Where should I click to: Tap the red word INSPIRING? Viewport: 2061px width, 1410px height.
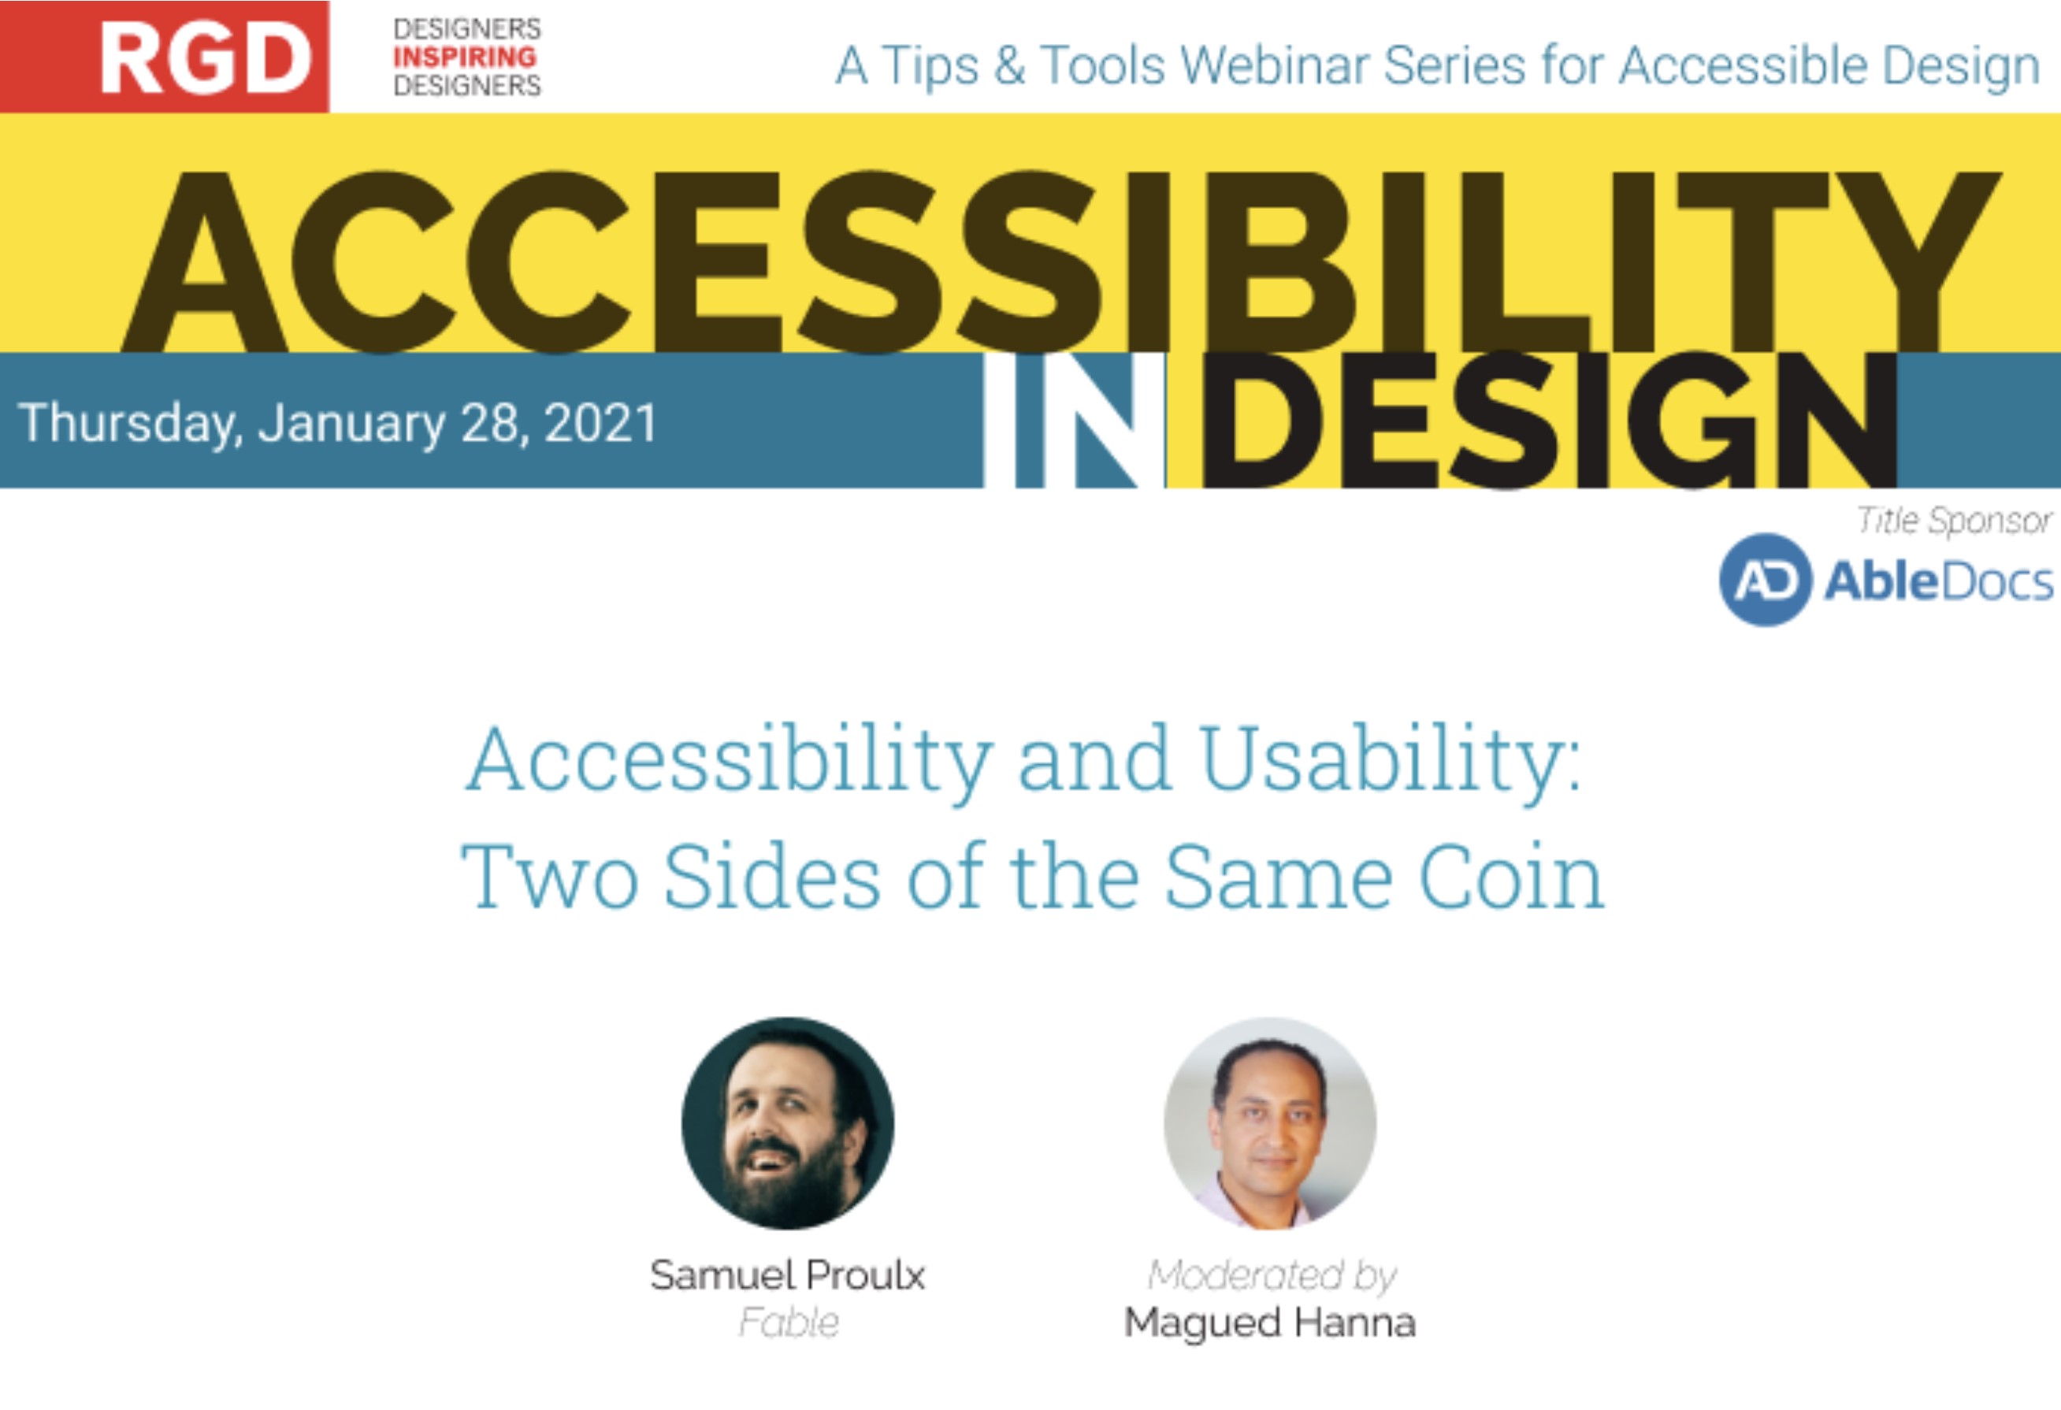(465, 58)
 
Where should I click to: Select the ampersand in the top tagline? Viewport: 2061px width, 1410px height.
(1009, 65)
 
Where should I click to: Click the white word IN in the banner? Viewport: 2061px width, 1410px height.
(1075, 421)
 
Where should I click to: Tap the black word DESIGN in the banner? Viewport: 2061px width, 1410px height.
(1547, 421)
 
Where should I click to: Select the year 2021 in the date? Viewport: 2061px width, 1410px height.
(600, 423)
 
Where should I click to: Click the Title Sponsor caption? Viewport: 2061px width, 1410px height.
(1955, 521)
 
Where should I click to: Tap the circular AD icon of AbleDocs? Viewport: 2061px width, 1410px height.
(1765, 580)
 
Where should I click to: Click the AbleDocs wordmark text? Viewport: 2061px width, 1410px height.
(1939, 582)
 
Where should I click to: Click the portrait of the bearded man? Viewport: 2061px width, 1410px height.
(788, 1122)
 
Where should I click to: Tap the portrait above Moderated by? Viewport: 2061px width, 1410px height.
(1270, 1122)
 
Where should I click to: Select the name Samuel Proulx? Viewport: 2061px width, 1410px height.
(788, 1275)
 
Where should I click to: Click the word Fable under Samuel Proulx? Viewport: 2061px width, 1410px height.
(789, 1323)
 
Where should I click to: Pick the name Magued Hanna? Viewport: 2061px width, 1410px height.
(1270, 1323)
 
